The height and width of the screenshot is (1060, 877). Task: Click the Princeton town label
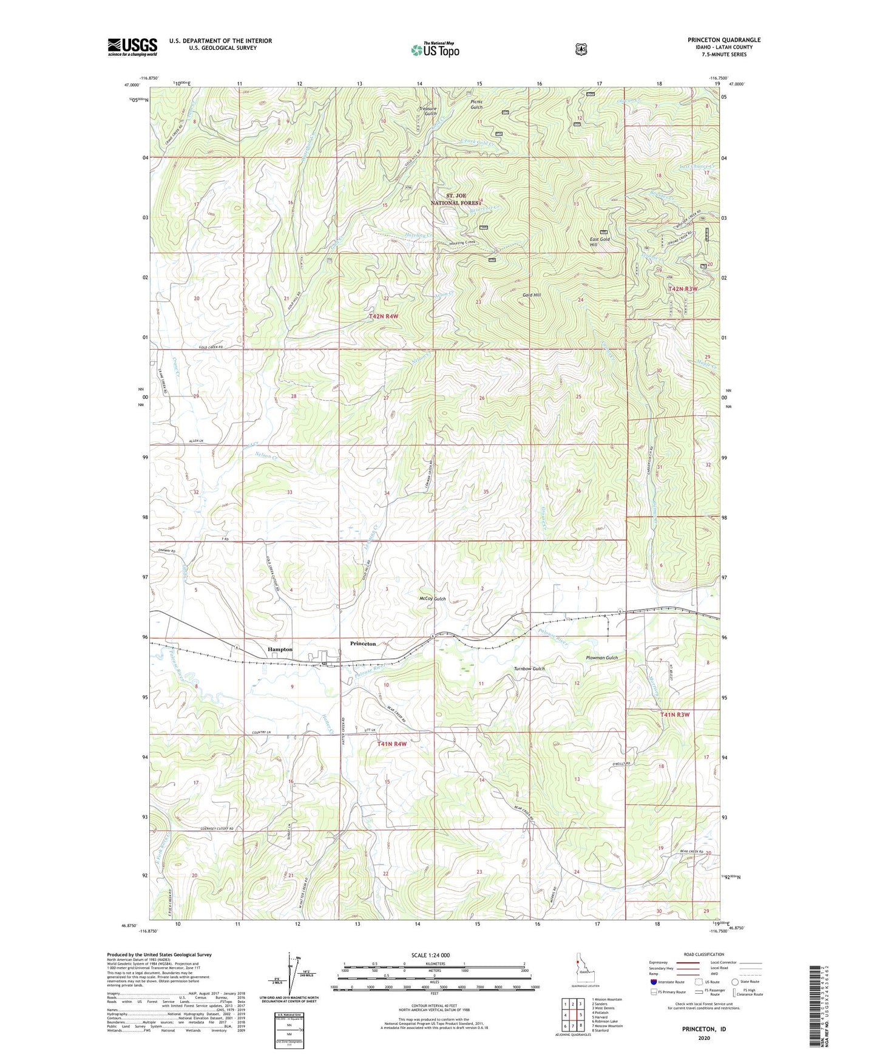(363, 644)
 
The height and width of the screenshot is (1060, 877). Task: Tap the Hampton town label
(280, 650)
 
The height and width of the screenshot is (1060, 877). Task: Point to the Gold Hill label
(532, 295)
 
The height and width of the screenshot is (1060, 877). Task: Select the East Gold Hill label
(600, 242)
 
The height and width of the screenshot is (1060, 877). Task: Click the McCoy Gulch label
(433, 599)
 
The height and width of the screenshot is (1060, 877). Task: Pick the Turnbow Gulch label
(529, 668)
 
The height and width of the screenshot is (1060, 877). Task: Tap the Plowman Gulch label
(601, 657)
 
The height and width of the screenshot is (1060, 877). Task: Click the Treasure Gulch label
(427, 111)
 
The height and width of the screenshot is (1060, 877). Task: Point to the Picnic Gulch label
(476, 104)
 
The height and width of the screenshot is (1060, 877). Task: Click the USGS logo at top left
(132, 47)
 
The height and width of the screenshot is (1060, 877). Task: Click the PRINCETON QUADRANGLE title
(723, 40)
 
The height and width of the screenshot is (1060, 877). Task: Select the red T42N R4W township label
(384, 317)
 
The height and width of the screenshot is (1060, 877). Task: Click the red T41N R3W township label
(675, 715)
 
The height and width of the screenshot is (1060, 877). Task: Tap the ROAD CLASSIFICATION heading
(704, 955)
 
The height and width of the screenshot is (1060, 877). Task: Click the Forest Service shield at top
(581, 49)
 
